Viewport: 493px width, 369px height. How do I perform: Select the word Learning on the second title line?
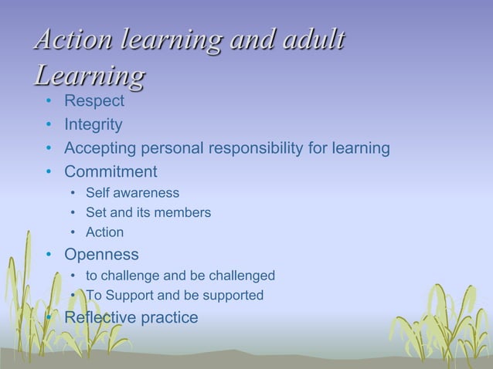click(x=90, y=77)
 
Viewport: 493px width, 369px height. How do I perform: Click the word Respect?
click(x=93, y=100)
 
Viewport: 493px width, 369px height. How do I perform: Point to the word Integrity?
click(x=93, y=124)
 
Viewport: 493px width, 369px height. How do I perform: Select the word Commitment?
click(x=110, y=171)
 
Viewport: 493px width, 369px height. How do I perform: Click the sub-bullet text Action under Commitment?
click(x=104, y=232)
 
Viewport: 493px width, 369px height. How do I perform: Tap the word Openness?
click(x=101, y=254)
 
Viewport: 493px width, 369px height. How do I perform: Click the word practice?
click(x=170, y=317)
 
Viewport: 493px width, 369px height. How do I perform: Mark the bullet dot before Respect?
click(x=49, y=101)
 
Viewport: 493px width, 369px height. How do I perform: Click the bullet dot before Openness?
click(x=49, y=255)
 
